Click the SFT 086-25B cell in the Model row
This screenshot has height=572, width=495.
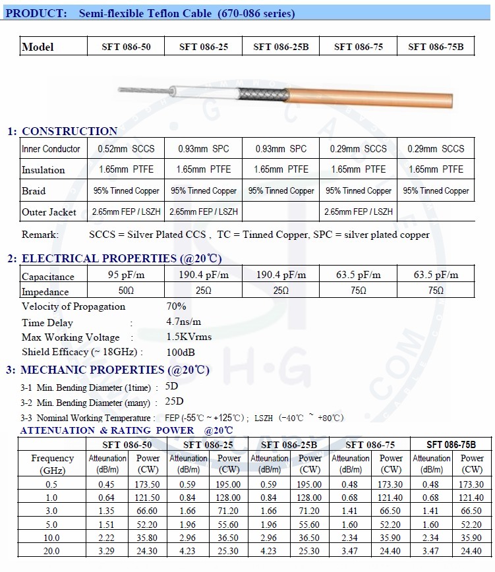click(x=280, y=47)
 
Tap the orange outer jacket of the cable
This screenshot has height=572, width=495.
click(x=369, y=98)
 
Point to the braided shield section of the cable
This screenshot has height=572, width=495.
click(x=261, y=98)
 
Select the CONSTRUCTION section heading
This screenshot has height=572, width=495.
click(x=69, y=131)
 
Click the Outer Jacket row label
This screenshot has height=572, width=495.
click(x=49, y=212)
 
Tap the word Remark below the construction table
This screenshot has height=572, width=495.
click(x=40, y=235)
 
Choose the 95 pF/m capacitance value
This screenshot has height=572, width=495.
click(x=124, y=275)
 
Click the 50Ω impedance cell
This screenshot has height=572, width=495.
click(x=124, y=291)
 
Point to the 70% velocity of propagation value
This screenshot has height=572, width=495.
click(x=176, y=306)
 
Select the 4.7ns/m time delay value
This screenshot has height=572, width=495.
click(x=184, y=322)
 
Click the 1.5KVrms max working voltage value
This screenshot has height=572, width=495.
click(x=189, y=337)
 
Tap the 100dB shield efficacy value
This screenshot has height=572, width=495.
click(x=181, y=353)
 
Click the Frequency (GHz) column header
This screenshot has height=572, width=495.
click(x=53, y=464)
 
